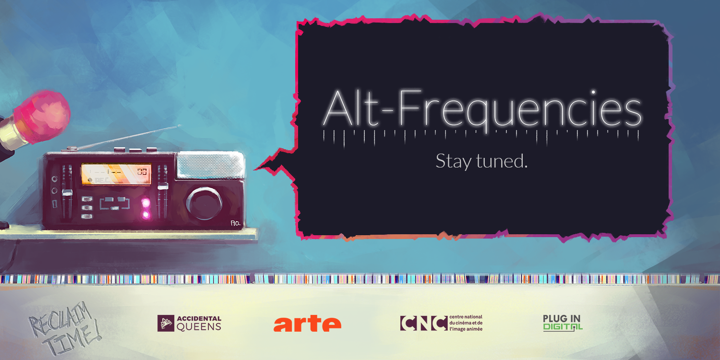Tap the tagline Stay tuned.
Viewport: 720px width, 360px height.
click(x=481, y=161)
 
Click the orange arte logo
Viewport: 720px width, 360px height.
click(x=307, y=324)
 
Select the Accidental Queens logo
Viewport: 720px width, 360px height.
click(x=189, y=324)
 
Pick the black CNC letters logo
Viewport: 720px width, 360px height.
click(x=424, y=323)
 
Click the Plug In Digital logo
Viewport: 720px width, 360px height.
click(x=563, y=323)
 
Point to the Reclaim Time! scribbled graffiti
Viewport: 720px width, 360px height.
click(x=64, y=328)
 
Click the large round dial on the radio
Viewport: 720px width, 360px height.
click(x=204, y=204)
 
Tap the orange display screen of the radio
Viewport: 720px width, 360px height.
click(x=116, y=174)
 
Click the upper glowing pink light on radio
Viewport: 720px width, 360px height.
click(x=146, y=203)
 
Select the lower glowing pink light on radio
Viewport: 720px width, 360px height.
click(x=146, y=215)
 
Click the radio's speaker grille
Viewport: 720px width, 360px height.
click(x=210, y=165)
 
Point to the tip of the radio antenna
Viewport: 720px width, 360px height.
click(x=180, y=126)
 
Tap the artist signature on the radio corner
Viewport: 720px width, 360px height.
click(x=236, y=223)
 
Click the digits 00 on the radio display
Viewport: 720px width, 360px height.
click(x=142, y=171)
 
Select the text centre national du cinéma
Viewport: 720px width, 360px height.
click(x=466, y=320)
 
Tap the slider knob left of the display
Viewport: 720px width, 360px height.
click(x=67, y=192)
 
